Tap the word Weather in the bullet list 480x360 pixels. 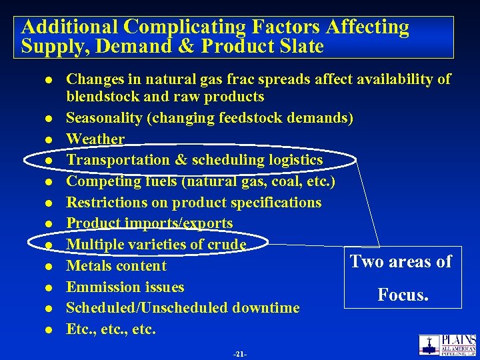[95, 139]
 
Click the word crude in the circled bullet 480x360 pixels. [226, 245]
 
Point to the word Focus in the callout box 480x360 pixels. [403, 294]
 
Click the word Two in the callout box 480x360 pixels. [367, 261]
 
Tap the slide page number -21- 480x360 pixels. [239, 354]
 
